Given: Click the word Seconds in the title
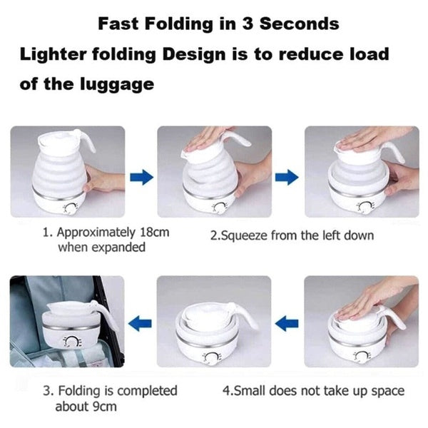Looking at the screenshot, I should click(x=298, y=23).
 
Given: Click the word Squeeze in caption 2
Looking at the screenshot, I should click(x=245, y=235).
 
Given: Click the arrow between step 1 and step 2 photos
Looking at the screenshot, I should click(x=141, y=176).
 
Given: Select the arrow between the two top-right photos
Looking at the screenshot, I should click(x=287, y=176).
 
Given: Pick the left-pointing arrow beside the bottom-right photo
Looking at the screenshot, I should click(x=287, y=325).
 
